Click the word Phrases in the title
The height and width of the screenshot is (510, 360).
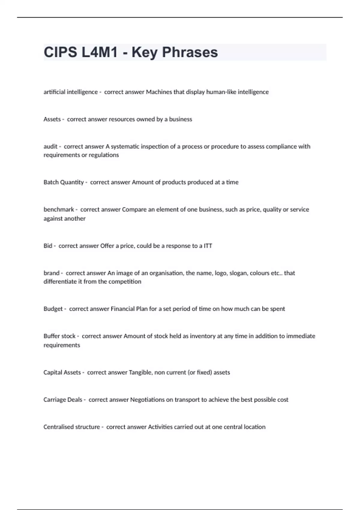pyautogui.click(x=190, y=52)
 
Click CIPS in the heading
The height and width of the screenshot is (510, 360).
pyautogui.click(x=60, y=52)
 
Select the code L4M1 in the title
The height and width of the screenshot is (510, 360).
pyautogui.click(x=99, y=52)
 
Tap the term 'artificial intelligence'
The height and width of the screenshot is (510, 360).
pyautogui.click(x=70, y=92)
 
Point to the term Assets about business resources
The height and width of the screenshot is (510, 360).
pyautogui.click(x=52, y=119)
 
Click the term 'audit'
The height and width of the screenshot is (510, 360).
pyautogui.click(x=50, y=147)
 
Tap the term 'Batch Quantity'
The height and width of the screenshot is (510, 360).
pyautogui.click(x=64, y=182)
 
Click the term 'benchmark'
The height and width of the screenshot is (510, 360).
pyautogui.click(x=59, y=209)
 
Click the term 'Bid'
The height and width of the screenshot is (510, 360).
pyautogui.click(x=48, y=246)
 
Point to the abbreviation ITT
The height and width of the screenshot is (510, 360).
pyautogui.click(x=208, y=246)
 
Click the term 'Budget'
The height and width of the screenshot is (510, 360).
pyautogui.click(x=53, y=309)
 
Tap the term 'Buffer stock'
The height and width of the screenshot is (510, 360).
pyautogui.click(x=59, y=336)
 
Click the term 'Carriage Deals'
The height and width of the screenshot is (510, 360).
pyautogui.click(x=63, y=400)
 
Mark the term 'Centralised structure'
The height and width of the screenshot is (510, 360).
pyautogui.click(x=71, y=427)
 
